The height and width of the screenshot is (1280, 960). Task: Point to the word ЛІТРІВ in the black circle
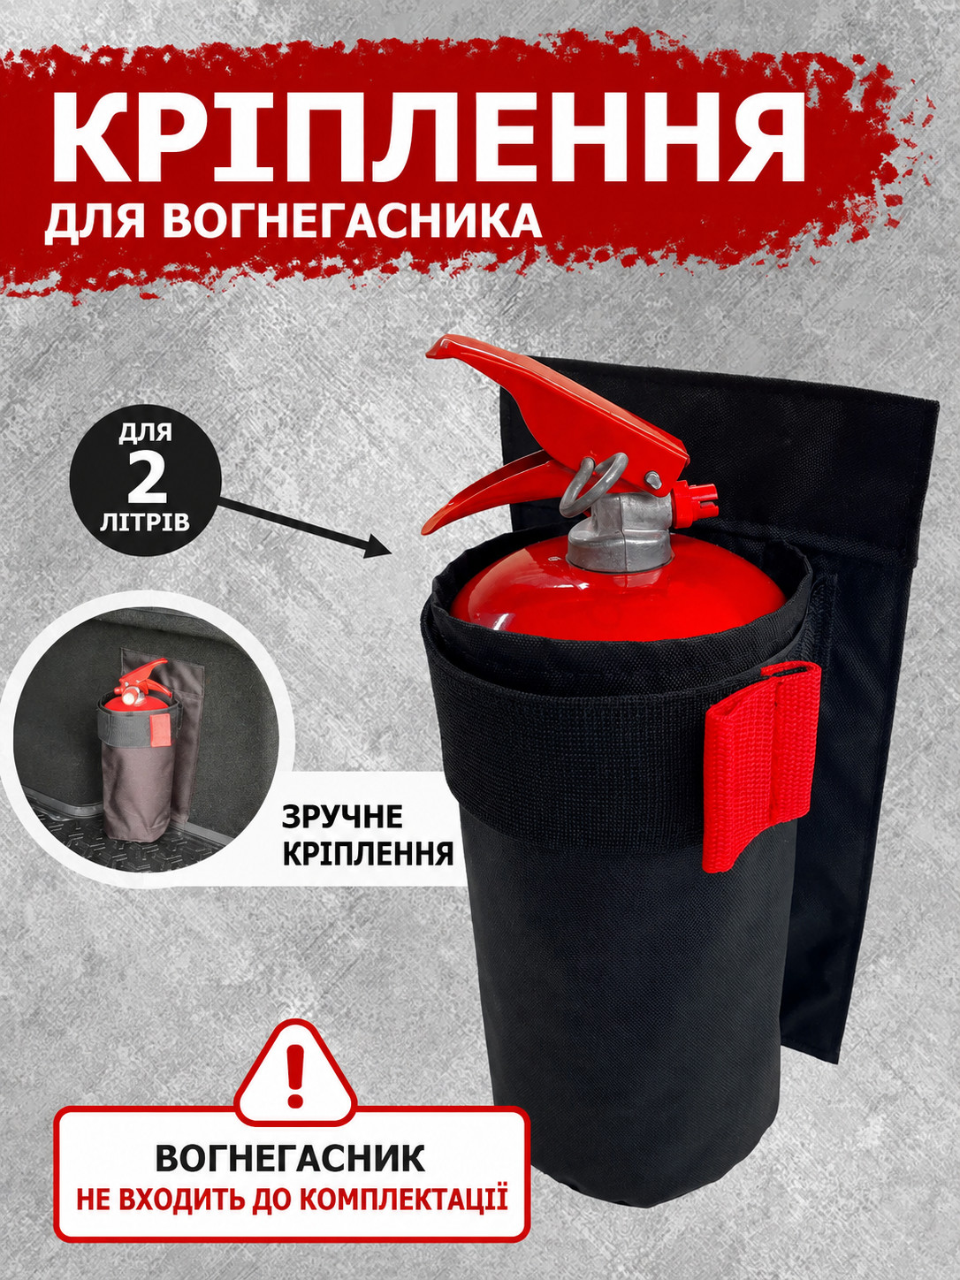146,522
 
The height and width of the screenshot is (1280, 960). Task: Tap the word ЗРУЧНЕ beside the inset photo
342,819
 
